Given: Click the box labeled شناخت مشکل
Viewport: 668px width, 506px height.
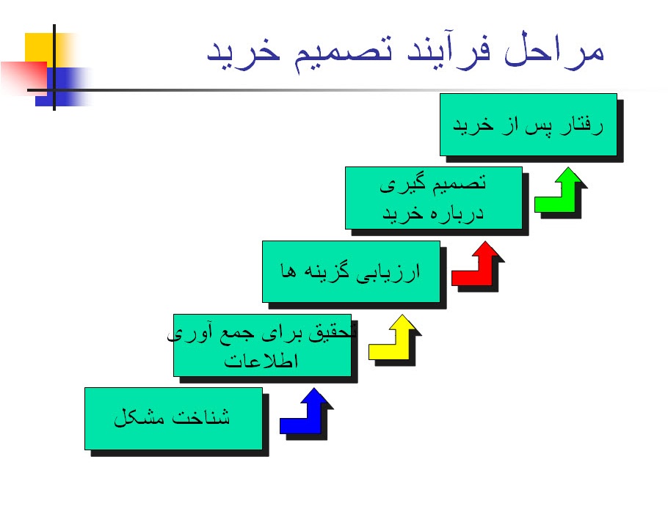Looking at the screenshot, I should point(173,418).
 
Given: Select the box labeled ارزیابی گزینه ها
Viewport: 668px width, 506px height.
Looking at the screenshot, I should point(351,271).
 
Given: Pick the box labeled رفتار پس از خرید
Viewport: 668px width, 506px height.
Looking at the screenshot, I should point(528,124).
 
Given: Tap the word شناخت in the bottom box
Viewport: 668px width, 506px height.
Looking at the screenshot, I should point(203,418).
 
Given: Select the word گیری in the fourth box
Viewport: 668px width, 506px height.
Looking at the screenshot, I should point(397,185).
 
